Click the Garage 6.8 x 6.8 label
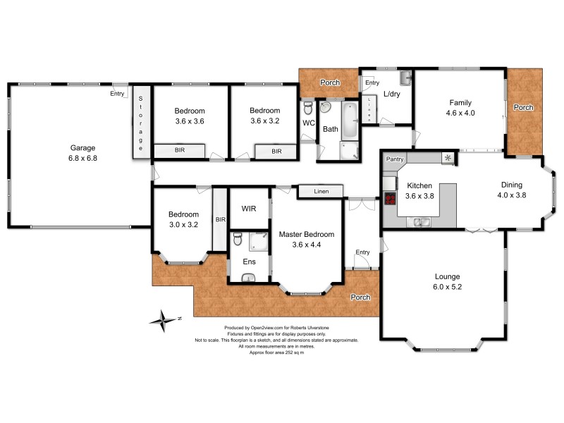pos(82,153)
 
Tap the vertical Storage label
pos(140,123)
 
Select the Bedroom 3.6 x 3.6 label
pos(190,116)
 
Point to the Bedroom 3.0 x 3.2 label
pos(183,219)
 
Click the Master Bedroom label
pos(306,239)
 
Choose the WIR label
pos(248,209)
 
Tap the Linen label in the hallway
pos(320,191)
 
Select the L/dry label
pos(393,94)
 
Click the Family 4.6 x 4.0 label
pos(460,107)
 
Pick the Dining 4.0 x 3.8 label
pos(512,190)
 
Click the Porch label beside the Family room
pos(523,108)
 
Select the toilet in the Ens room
pos(238,240)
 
